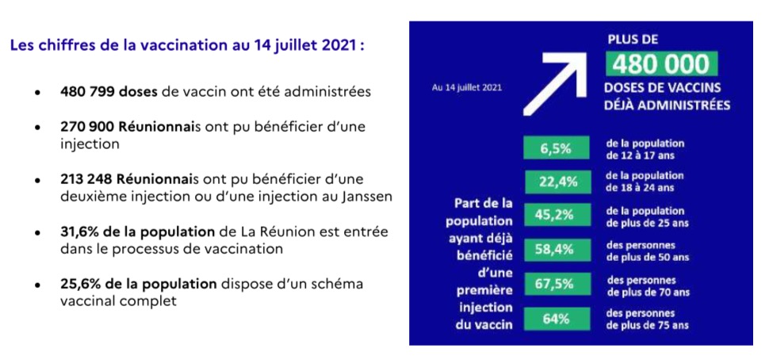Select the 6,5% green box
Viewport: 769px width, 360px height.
click(x=556, y=148)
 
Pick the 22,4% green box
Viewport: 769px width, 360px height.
click(x=556, y=182)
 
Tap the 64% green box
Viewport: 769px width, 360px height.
click(x=556, y=320)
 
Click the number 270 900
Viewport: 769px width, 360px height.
click(x=86, y=128)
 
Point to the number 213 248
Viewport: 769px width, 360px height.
click(x=86, y=178)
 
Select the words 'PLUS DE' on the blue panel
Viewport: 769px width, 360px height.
click(x=632, y=38)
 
